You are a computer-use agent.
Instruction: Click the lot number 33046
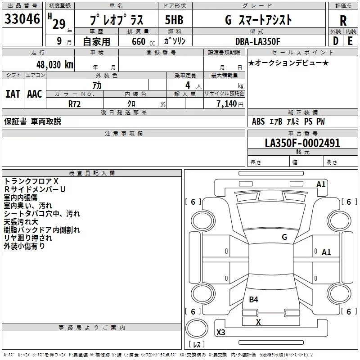coord(22,20)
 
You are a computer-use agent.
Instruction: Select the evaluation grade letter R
coord(343,21)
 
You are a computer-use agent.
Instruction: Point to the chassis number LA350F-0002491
coord(302,143)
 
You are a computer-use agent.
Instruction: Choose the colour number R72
coord(75,103)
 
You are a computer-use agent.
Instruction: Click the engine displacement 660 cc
coord(139,41)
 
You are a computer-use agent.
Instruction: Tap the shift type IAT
coord(13,94)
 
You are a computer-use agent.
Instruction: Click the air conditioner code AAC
coord(35,94)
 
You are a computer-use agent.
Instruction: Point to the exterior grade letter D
coord(335,41)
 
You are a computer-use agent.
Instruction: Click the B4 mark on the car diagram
coord(254,299)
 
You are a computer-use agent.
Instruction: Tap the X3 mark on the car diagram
coord(221,333)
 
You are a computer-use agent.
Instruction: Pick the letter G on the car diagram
coord(284,237)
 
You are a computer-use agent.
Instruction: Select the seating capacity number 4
coord(187,85)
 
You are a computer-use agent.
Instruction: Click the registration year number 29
coord(59,24)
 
